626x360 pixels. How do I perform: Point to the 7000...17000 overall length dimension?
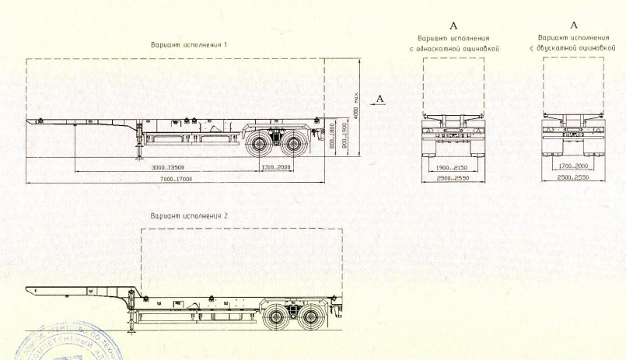point(175,180)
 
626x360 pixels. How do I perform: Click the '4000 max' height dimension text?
point(355,103)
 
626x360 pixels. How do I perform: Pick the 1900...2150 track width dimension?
point(453,167)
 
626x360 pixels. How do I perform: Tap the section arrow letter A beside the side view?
point(379,98)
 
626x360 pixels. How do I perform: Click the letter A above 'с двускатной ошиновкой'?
point(573,26)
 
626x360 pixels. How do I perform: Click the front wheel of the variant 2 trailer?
point(276,316)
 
